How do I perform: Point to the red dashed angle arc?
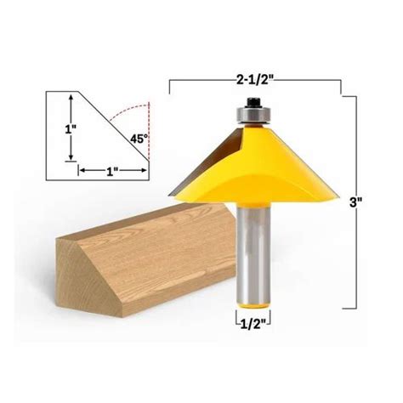tap(136, 115)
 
